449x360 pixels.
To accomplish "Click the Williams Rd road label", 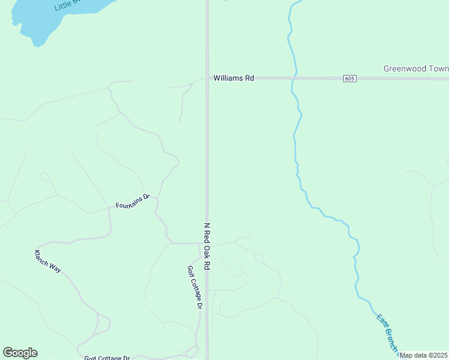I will point(234,78).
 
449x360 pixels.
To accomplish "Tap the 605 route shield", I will point(350,79).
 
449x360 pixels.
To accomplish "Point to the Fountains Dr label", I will point(132,202).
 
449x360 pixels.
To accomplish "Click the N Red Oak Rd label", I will point(207,246).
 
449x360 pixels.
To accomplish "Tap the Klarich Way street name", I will point(48,261).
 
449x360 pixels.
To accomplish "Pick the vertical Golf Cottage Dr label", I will point(193,287).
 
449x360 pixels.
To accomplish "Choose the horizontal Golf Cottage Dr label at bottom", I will point(107,358).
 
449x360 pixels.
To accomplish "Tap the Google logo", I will point(20,353).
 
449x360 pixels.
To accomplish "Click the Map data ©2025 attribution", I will point(424,355).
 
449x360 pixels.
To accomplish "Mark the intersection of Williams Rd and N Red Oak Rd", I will point(208,78).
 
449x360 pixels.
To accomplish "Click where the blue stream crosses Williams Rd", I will point(294,78).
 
